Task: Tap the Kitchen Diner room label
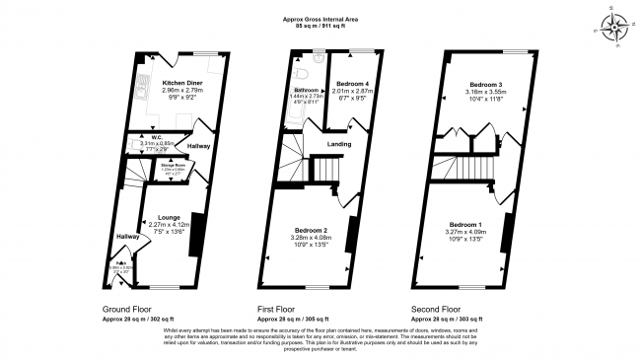(x=184, y=83)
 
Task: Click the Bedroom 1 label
(x=467, y=224)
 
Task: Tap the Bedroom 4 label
(x=352, y=84)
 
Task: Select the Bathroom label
(x=305, y=90)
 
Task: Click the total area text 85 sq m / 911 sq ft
(x=320, y=23)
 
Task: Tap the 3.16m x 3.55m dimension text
(x=483, y=92)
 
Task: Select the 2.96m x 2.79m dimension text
(x=184, y=91)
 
